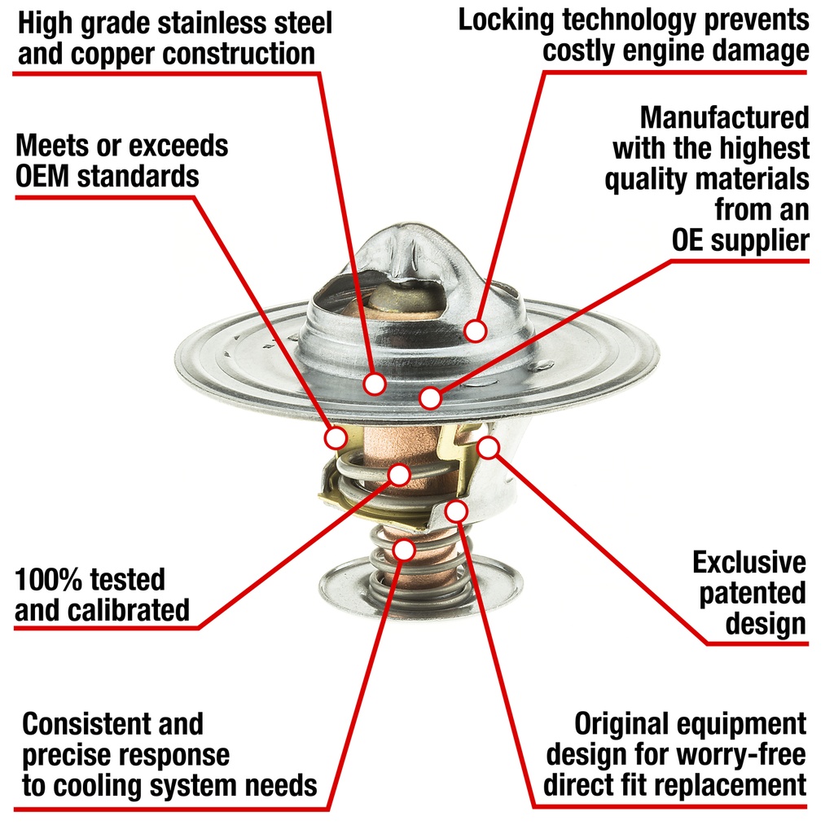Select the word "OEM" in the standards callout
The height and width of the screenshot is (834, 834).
coord(42,176)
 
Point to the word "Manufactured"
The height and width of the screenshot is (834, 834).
coord(724,117)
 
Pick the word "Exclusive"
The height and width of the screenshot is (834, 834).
coord(749,562)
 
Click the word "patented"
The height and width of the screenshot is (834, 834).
coord(752,594)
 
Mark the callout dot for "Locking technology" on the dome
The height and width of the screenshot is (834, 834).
coord(475,331)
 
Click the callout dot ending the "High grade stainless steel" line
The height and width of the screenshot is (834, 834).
coord(375,384)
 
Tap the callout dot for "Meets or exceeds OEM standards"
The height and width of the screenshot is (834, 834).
coord(336,437)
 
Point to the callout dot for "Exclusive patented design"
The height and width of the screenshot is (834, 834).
coord(489,447)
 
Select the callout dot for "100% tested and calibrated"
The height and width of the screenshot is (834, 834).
coord(399,474)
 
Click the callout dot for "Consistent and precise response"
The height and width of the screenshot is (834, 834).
coord(404,550)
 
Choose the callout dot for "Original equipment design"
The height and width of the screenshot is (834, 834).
coord(456,511)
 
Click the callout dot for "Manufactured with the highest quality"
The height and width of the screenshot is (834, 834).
coord(430,397)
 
